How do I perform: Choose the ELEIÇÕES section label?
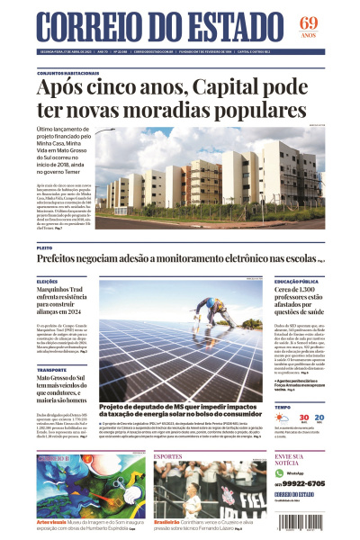[48, 282]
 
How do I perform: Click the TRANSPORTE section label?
[52, 370]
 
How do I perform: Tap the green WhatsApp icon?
[280, 472]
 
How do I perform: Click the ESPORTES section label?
[168, 456]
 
